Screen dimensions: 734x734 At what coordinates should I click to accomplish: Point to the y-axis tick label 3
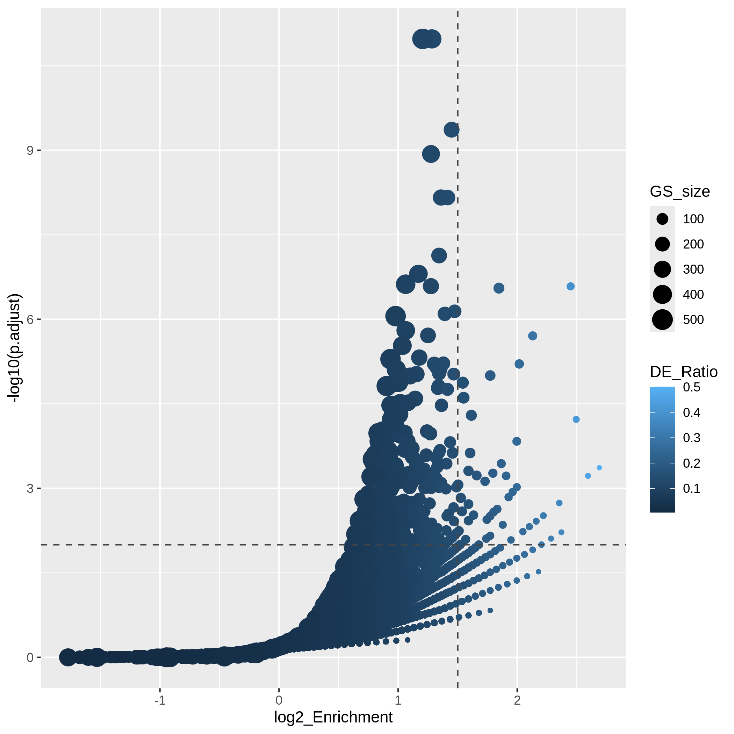(x=30, y=489)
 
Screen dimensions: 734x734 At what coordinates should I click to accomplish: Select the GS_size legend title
(x=680, y=192)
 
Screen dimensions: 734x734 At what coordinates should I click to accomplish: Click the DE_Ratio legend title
(x=683, y=372)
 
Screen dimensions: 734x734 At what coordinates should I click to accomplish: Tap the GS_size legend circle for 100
(x=662, y=219)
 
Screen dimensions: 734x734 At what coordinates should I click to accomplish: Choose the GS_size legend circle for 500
(x=662, y=319)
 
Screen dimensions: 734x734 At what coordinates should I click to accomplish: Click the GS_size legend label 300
(x=693, y=269)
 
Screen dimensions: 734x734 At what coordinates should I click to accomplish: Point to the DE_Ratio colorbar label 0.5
(x=691, y=388)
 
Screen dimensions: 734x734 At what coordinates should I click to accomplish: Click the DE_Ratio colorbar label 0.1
(x=691, y=489)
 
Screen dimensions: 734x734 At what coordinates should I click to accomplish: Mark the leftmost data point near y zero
(x=67, y=657)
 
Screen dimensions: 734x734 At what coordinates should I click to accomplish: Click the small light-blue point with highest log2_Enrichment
(x=599, y=468)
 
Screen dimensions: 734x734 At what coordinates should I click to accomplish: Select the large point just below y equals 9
(x=431, y=154)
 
